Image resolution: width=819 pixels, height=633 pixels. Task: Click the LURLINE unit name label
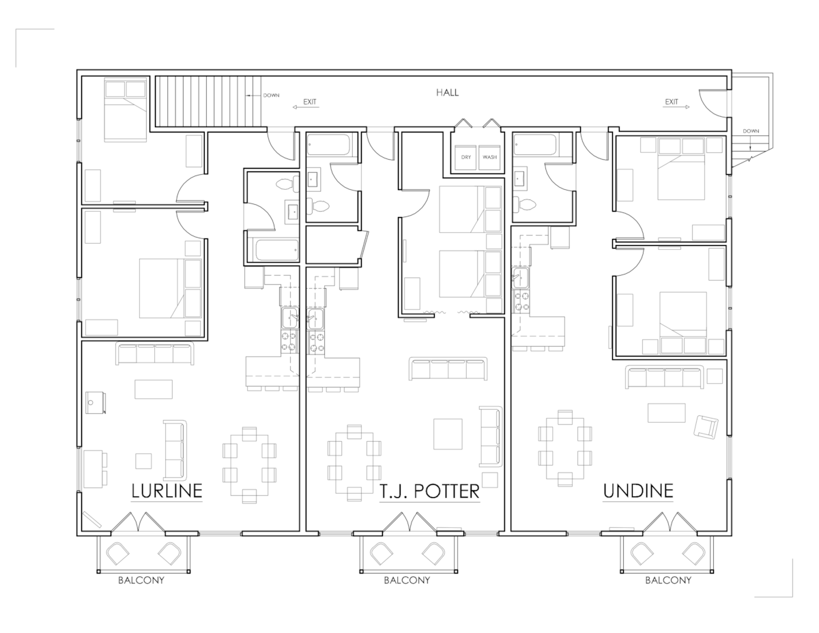[167, 491]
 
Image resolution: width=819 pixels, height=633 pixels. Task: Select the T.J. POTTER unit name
[429, 492]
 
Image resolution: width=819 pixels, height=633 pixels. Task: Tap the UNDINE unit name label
[638, 490]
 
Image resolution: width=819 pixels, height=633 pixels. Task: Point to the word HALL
[448, 92]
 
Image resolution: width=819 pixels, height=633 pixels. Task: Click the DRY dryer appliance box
[466, 157]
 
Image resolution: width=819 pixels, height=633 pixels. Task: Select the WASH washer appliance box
[489, 157]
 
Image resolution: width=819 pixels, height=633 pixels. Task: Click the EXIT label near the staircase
[310, 102]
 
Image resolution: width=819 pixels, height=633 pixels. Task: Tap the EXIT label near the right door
[672, 102]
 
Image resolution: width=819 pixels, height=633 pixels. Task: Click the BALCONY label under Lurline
[141, 581]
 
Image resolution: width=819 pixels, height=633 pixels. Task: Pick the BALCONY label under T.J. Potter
[407, 581]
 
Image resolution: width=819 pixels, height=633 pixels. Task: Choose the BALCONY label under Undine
[668, 581]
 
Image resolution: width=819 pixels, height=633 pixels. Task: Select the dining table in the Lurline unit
[249, 462]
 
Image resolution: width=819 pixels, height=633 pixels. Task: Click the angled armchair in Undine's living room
[704, 427]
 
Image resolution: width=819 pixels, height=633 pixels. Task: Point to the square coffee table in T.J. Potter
[448, 434]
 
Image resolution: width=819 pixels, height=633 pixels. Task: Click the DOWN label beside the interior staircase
[272, 96]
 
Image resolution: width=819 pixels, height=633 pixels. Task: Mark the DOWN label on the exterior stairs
[751, 131]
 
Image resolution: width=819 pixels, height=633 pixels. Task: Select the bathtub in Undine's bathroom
[534, 146]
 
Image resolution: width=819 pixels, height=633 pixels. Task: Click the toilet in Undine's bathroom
[526, 204]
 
